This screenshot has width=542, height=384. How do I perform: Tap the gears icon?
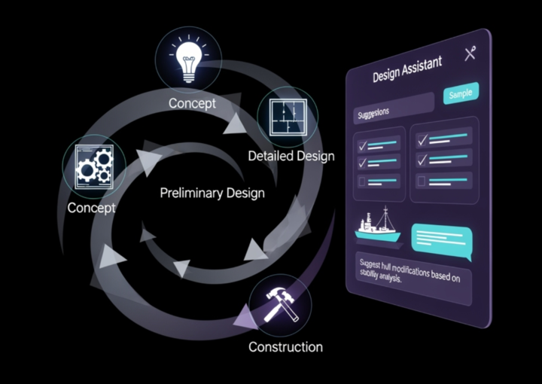coord(94,166)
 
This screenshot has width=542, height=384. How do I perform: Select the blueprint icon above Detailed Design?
coord(287,117)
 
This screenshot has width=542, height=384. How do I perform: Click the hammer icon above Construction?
coord(279,304)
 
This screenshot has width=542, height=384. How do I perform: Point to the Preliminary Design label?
coord(212,193)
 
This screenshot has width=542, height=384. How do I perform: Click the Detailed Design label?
coord(291,156)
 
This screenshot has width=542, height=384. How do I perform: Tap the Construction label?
coord(285,347)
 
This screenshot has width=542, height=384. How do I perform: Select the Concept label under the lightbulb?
coord(191,103)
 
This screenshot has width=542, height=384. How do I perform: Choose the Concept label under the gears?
coord(91,207)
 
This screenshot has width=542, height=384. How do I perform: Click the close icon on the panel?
coord(470,53)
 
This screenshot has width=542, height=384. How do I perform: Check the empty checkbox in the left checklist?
coord(362,181)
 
